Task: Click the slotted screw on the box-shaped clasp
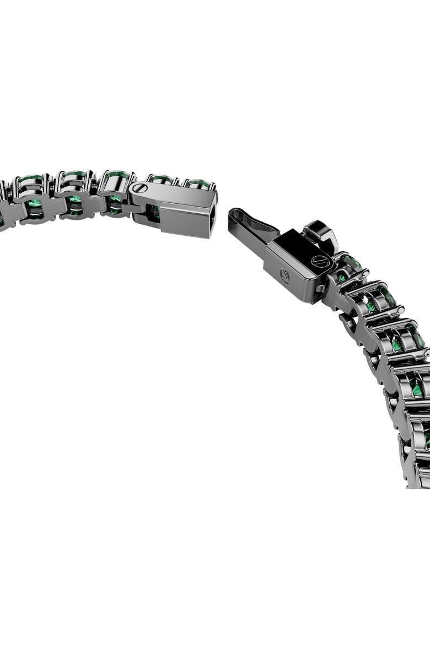click(138, 188)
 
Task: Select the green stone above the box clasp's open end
click(198, 183)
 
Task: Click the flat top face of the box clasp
click(176, 195)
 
